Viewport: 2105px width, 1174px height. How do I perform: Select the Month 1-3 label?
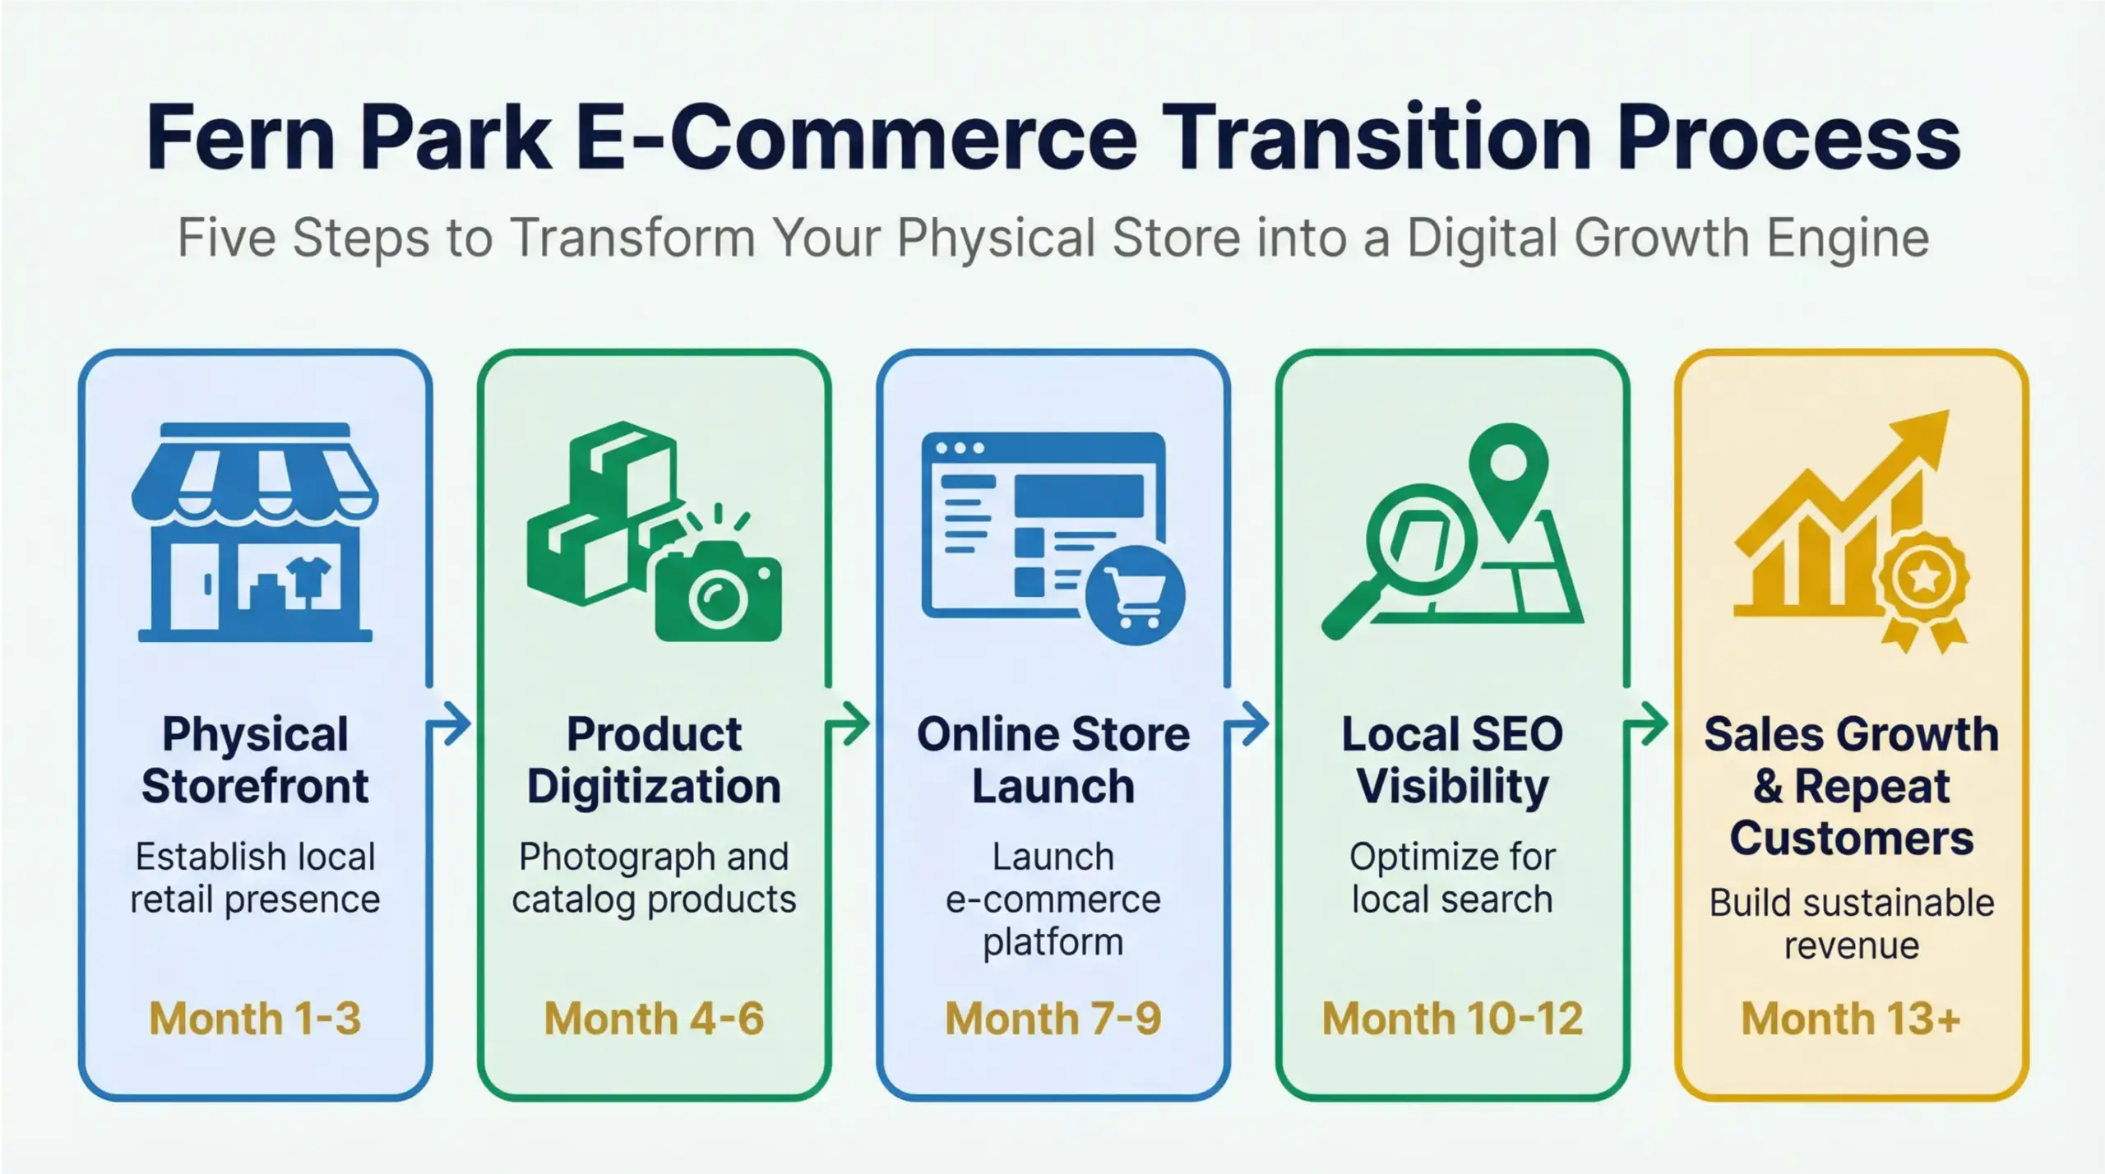pos(255,1019)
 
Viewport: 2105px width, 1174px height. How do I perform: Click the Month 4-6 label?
pos(654,1019)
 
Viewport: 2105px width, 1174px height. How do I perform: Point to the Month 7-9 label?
pos(1052,1019)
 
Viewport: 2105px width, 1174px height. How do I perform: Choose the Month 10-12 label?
pos(1452,1019)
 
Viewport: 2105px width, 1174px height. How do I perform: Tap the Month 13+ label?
pos(1851,1019)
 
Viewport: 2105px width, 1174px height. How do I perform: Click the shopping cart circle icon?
pos(1135,594)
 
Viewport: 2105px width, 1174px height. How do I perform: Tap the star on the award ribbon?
pos(1924,579)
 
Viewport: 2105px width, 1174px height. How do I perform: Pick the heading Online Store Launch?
pos(1052,760)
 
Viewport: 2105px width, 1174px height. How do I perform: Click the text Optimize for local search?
pos(1452,878)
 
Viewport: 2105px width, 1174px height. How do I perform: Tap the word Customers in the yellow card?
pos(1851,839)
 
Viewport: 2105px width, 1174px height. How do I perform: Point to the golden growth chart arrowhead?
pos(1924,436)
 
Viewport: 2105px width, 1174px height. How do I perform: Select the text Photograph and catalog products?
pos(654,878)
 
